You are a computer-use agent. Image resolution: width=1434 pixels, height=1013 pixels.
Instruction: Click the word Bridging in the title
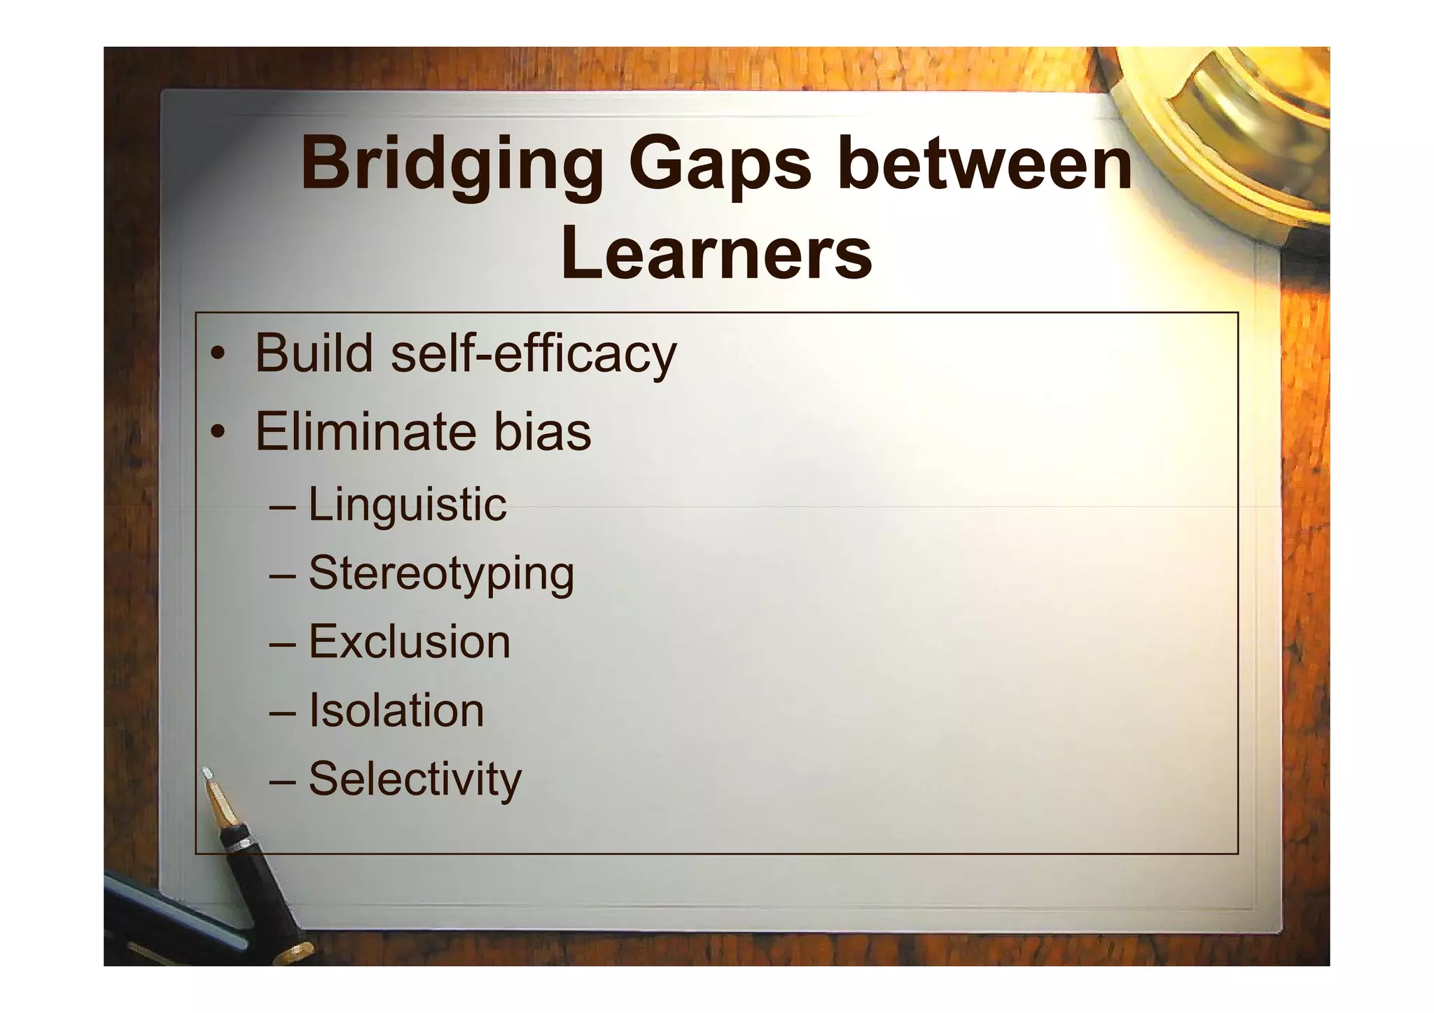tap(452, 166)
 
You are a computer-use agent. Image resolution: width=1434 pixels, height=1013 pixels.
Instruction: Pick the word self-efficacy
tap(534, 354)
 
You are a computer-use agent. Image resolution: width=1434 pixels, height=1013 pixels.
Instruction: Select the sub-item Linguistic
tap(407, 504)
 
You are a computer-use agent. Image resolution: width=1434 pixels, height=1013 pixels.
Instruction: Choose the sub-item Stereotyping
tap(441, 574)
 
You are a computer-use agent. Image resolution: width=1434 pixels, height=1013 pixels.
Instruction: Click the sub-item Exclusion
tap(410, 641)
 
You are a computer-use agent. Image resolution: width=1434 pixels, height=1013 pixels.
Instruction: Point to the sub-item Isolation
tap(396, 710)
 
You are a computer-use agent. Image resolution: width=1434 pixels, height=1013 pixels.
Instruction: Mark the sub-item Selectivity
tap(415, 778)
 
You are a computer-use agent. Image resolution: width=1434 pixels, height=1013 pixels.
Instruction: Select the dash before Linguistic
tap(282, 505)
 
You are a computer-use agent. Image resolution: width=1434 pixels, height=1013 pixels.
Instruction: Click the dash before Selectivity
tap(282, 780)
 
